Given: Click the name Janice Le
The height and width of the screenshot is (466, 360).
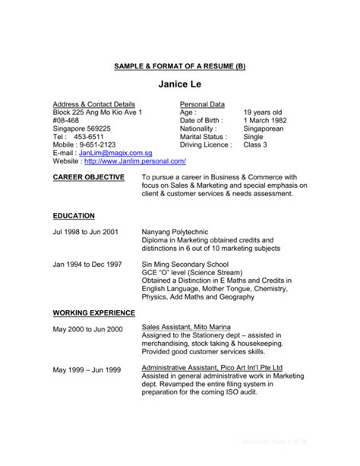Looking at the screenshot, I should click(x=180, y=84).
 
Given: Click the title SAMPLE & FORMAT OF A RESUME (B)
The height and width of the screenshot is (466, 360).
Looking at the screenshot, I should click(x=180, y=66).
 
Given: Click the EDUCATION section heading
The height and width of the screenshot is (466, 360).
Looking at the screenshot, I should click(x=74, y=216).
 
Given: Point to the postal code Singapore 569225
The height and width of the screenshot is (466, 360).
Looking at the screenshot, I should click(x=81, y=129).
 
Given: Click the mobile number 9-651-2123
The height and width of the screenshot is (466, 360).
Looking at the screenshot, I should click(x=97, y=143).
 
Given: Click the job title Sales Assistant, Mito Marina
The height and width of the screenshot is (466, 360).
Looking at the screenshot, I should click(x=185, y=326).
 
